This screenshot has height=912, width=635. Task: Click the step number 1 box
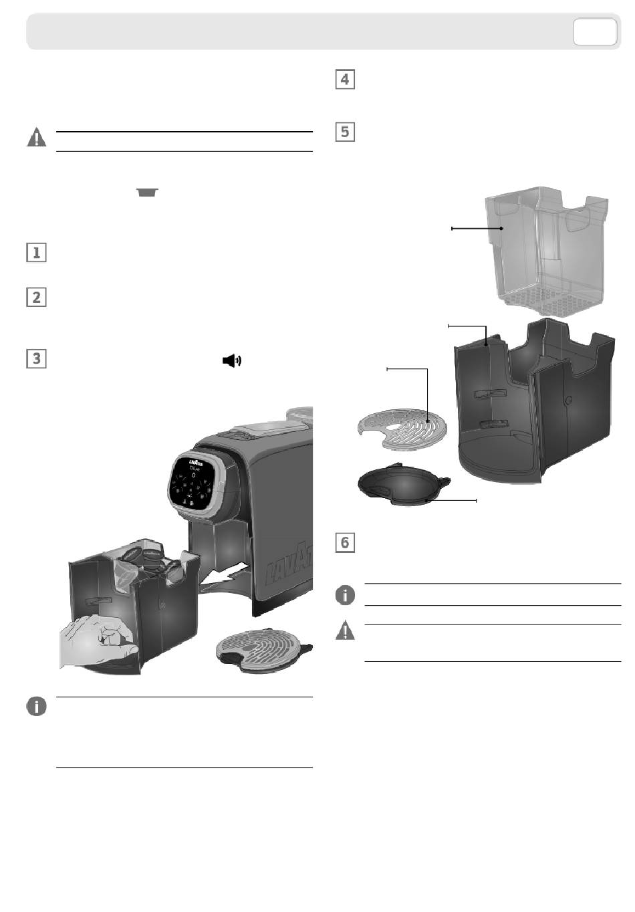coord(36,253)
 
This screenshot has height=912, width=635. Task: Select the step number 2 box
coord(36,297)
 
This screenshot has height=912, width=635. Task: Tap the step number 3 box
coord(36,358)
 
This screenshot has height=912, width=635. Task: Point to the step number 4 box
coord(344,79)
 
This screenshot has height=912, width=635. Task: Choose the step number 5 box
coord(344,131)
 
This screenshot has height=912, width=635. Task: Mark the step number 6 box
coord(344,542)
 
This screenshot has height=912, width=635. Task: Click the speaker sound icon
coord(231,361)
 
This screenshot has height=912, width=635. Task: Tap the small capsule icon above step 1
coord(148,193)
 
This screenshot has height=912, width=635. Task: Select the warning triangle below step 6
coord(345,631)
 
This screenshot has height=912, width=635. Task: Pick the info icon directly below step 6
coord(345,594)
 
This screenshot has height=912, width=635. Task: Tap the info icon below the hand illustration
coord(36,706)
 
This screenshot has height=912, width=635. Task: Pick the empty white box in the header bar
coord(594,32)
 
